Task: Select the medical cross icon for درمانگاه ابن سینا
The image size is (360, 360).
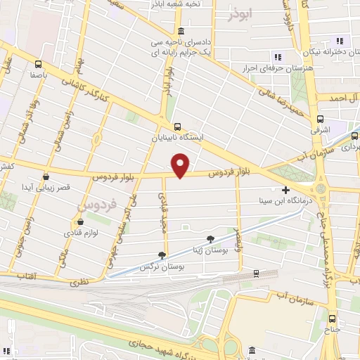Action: point(285,190)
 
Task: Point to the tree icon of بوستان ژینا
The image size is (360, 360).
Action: point(210,239)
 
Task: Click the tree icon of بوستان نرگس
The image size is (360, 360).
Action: point(163,256)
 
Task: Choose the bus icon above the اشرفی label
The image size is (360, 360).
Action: point(320,119)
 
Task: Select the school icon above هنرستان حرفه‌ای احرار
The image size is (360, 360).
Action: point(278,57)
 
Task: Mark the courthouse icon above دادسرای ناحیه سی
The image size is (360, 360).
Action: point(181,32)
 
